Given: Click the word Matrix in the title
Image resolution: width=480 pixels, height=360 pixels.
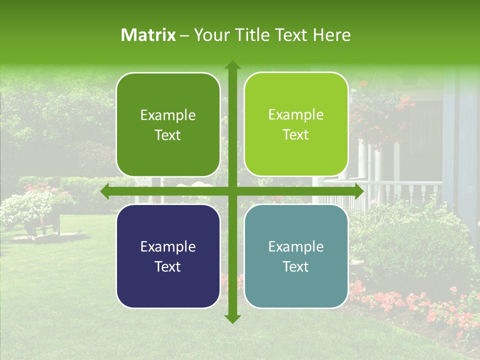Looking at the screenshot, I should point(148,35).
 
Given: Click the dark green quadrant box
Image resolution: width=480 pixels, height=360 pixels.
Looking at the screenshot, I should point(168,125).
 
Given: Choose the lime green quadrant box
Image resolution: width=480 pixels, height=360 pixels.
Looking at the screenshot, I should point(296,125).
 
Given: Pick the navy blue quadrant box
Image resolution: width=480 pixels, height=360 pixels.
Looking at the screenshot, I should point(168,256).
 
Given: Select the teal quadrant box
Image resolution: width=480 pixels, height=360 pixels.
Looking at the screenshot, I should point(296,256).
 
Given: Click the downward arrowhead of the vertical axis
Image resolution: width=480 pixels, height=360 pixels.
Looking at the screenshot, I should point(232,318).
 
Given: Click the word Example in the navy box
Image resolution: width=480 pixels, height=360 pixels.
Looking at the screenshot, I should point(168,246).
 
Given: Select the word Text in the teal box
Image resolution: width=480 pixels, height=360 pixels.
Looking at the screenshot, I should point(296,266).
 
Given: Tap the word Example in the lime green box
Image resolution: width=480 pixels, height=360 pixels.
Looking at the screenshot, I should point(296,115).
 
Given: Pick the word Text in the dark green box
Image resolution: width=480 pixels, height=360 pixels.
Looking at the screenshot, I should point(168,135).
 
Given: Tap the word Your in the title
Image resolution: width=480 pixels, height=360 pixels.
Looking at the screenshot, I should point(209,35).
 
